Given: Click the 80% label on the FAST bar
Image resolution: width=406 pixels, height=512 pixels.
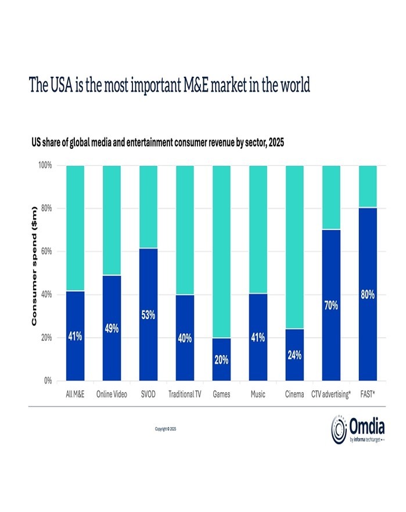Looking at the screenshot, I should click(367, 295).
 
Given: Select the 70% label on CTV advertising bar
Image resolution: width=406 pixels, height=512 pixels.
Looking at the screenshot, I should click(331, 305).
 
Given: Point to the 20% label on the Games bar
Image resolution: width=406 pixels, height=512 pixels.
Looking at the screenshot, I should click(221, 360).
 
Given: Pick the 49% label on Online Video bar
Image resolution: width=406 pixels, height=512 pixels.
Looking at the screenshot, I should click(112, 329).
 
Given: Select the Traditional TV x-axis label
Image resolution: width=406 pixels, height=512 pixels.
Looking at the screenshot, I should click(185, 395).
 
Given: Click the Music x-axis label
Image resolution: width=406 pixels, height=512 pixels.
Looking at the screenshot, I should click(258, 395).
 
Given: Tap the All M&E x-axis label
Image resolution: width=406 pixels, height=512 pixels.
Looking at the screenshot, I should click(76, 395).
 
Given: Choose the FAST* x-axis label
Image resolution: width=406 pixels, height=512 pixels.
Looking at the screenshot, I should click(367, 395).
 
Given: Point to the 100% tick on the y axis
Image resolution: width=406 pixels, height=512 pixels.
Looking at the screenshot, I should click(45, 166).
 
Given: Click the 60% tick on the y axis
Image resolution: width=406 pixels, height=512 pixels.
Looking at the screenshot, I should click(46, 252).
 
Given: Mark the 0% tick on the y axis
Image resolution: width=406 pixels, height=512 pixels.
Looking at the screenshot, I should click(48, 381).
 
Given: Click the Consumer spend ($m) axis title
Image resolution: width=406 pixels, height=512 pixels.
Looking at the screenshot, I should click(34, 266).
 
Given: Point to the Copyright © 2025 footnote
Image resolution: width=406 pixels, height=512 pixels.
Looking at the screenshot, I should click(166, 428).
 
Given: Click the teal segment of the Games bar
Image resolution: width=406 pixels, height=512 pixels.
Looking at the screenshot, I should click(221, 250).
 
